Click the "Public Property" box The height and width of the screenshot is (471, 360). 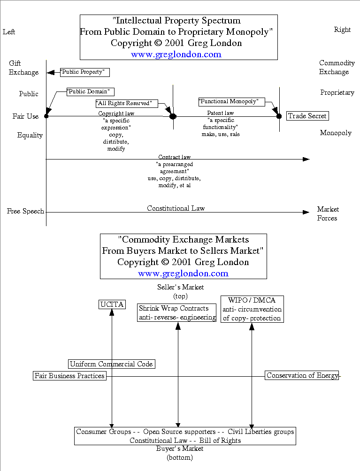pyautogui.click(x=85, y=72)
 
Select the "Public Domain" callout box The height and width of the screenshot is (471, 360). pyautogui.click(x=91, y=91)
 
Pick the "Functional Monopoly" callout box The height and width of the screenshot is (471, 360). pyautogui.click(x=231, y=101)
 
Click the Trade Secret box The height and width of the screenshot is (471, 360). pyautogui.click(x=307, y=116)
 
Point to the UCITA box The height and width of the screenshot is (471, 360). pyautogui.click(x=112, y=304)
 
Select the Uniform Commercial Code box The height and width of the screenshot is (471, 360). pyautogui.click(x=111, y=364)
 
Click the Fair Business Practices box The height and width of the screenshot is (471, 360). pyautogui.click(x=69, y=376)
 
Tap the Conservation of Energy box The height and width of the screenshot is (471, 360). pyautogui.click(x=302, y=375)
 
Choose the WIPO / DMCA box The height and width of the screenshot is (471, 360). pyautogui.click(x=252, y=309)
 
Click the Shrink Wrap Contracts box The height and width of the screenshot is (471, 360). pyautogui.click(x=177, y=313)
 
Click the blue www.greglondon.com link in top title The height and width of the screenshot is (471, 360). pyautogui.click(x=176, y=54)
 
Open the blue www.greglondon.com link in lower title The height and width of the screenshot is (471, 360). pyautogui.click(x=183, y=273)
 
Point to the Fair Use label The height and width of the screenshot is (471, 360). pyautogui.click(x=25, y=116)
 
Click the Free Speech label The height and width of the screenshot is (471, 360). pyautogui.click(x=25, y=211)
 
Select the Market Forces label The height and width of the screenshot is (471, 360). pyautogui.click(x=327, y=213)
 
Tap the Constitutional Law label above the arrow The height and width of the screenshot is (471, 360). pyautogui.click(x=176, y=208)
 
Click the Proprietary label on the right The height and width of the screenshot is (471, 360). pyautogui.click(x=337, y=92)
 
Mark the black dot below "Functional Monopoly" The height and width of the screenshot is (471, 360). pyautogui.click(x=279, y=116)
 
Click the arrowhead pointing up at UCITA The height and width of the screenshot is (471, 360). pyautogui.click(x=112, y=313)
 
